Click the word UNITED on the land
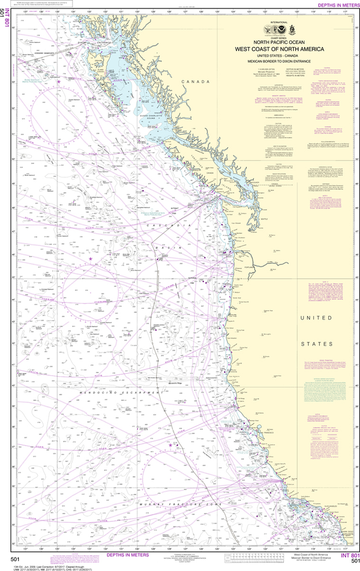(316, 318)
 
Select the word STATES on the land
(316, 345)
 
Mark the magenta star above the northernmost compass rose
(59, 81)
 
